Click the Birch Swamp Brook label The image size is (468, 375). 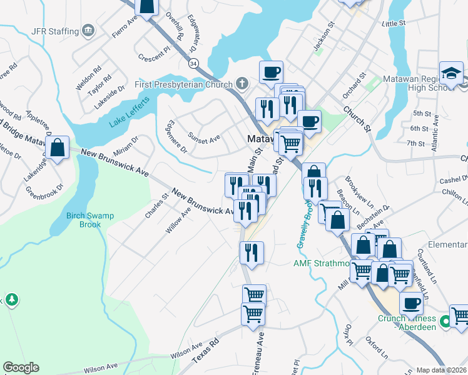coord(90,220)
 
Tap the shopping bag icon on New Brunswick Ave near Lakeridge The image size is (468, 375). coord(58,148)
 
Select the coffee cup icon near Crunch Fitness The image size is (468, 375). coord(411,303)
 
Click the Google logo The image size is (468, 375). coord(21,367)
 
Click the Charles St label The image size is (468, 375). coord(156,206)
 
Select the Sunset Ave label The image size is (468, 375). coord(204,137)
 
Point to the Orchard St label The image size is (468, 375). coord(353,89)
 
